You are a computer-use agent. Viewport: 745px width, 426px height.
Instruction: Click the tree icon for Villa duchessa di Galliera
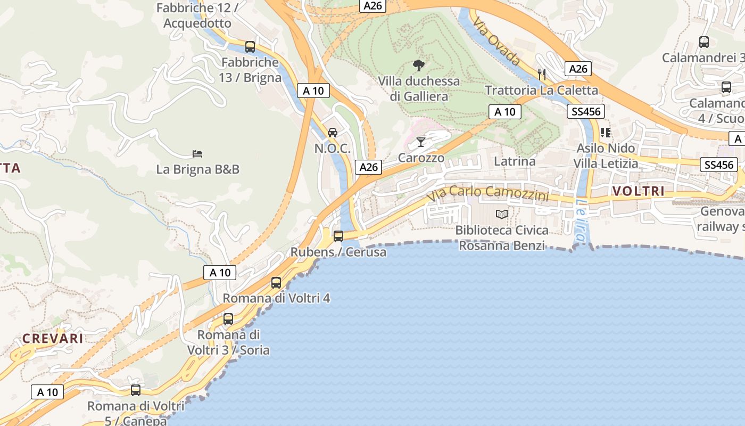pos(419,65)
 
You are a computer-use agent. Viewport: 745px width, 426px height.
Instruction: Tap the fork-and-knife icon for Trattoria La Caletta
pos(542,74)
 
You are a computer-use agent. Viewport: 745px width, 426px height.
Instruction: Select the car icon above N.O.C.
pos(333,132)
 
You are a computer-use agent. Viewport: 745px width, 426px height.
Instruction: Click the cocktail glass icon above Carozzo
pos(421,142)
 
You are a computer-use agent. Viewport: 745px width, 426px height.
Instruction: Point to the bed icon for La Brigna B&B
pos(197,154)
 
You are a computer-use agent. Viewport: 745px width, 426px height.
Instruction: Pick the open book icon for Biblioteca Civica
pos(502,214)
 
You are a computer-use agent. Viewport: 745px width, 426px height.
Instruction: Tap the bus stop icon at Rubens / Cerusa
pos(338,236)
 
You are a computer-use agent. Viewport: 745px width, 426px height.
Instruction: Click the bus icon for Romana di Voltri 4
pos(276,283)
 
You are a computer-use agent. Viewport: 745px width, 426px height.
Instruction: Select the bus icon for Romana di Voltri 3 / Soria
pos(228,319)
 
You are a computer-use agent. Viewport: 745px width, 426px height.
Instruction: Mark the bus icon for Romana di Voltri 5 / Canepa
pos(136,390)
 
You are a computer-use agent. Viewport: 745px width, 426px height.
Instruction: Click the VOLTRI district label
pos(639,191)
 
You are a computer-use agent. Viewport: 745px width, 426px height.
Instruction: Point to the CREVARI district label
pos(53,339)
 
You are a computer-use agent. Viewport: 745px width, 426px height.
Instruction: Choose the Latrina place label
pos(515,161)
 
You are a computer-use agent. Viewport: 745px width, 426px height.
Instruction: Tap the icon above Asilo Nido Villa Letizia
pos(605,132)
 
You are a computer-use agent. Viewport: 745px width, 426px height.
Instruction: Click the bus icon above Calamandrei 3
pos(704,42)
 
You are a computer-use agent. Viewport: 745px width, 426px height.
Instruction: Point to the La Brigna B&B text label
pos(197,169)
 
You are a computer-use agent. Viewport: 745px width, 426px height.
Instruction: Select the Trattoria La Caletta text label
pos(541,90)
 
